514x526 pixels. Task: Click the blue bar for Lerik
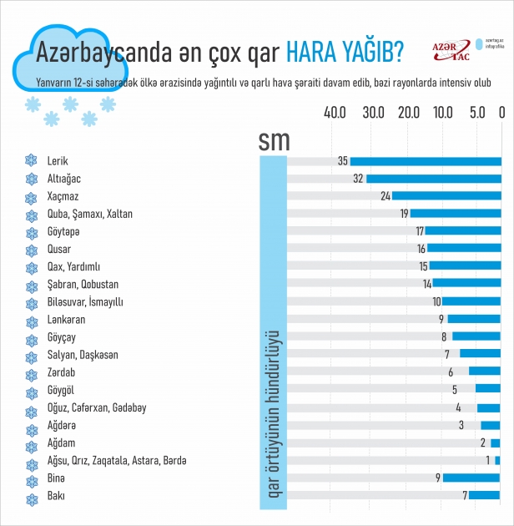(426, 161)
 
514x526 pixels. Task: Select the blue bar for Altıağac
(434, 179)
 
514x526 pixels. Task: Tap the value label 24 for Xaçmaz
(385, 196)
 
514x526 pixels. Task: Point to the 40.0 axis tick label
(335, 113)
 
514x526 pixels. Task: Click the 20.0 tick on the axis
(409, 113)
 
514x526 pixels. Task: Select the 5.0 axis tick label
(478, 113)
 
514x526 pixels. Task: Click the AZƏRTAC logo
(451, 52)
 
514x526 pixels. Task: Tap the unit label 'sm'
(274, 139)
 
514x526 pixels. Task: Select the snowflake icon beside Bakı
(32, 498)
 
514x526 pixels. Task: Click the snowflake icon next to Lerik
(32, 161)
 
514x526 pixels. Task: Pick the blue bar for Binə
(471, 478)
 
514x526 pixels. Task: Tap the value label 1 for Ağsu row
(488, 460)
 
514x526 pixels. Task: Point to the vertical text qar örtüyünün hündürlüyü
(273, 417)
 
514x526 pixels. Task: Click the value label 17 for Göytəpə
(420, 231)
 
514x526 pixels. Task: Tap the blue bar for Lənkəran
(474, 319)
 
